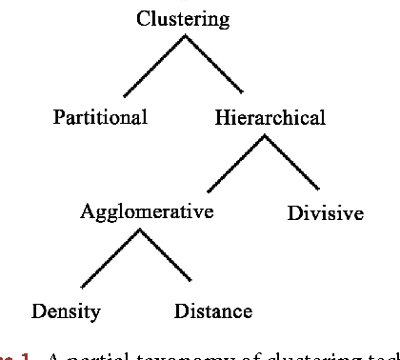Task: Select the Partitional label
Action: click(x=100, y=117)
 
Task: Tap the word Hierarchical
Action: click(x=270, y=117)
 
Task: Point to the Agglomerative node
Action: click(x=146, y=211)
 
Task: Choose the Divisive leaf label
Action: click(x=325, y=213)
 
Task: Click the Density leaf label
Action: click(x=66, y=310)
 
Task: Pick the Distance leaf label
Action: click(x=213, y=310)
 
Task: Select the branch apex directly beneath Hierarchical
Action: click(x=264, y=135)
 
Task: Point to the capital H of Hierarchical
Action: click(x=221, y=117)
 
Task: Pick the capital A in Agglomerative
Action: click(x=87, y=210)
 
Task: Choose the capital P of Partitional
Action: click(x=58, y=117)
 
